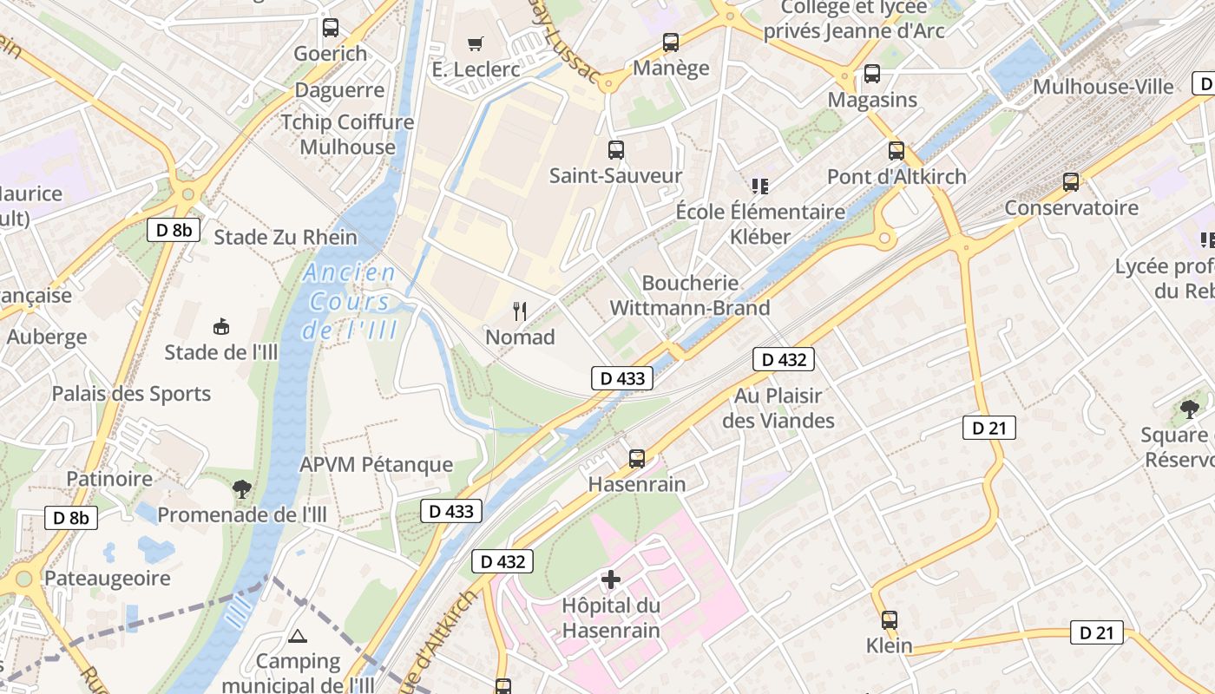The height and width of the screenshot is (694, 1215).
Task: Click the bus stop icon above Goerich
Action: [x=331, y=28]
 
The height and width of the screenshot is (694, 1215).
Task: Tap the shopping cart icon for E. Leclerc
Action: [x=475, y=43]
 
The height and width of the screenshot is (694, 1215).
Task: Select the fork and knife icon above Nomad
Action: [x=520, y=311]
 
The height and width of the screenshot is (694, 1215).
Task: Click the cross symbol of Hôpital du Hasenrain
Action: [x=611, y=579]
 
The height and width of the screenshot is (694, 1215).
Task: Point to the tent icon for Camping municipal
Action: [x=298, y=637]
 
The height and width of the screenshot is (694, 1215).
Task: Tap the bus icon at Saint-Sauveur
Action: [x=616, y=150]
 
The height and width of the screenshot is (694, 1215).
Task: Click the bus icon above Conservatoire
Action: [x=1071, y=182]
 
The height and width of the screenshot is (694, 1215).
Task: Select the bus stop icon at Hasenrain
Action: [x=637, y=459]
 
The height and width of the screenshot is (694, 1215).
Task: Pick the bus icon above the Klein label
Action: [x=890, y=620]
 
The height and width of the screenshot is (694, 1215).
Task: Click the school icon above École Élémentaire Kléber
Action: [x=760, y=186]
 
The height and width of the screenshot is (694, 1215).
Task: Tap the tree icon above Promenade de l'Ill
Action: [x=242, y=489]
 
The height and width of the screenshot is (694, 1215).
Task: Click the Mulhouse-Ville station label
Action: [x=1102, y=87]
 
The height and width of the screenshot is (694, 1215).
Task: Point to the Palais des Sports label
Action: [x=131, y=394]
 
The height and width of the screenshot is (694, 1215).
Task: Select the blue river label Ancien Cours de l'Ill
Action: [x=350, y=301]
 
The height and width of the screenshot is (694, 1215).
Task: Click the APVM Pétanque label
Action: [x=376, y=465]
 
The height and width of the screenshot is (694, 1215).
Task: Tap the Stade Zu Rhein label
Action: [x=286, y=237]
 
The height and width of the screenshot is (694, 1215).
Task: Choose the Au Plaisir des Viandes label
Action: [x=778, y=408]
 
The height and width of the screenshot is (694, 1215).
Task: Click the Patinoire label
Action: [x=109, y=479]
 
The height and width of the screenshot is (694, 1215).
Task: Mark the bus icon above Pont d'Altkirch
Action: [x=896, y=151]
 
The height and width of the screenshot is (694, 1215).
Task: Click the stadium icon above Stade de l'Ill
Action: [x=221, y=327]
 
